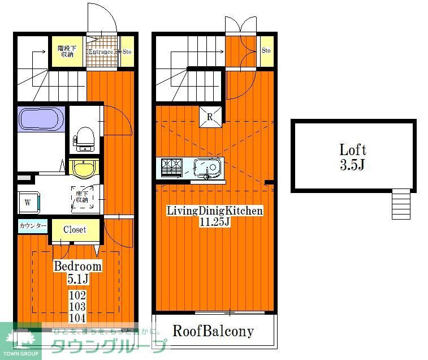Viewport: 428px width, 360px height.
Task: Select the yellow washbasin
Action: tap(84, 168)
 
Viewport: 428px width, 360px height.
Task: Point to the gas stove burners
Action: tap(171, 167)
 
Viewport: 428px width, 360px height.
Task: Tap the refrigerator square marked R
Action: tap(209, 118)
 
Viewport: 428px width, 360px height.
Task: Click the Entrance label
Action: tap(102, 52)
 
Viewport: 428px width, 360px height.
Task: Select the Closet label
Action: tap(75, 229)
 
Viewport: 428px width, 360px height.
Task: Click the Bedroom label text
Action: tap(77, 266)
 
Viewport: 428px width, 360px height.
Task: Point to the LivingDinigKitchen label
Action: tap(214, 211)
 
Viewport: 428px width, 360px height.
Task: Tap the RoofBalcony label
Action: tap(213, 331)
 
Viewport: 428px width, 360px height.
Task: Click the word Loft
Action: tap(353, 150)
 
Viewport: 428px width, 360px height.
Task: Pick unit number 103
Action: tap(77, 306)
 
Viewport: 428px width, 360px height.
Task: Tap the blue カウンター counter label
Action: tap(33, 226)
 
